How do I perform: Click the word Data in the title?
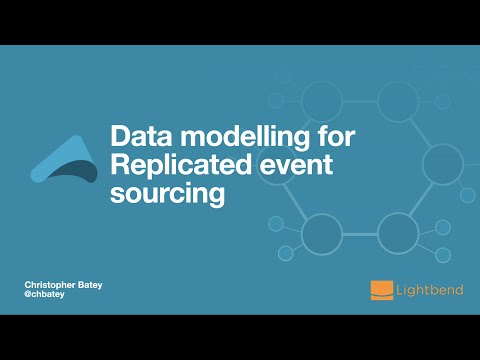click(x=139, y=134)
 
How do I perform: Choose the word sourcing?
click(x=165, y=193)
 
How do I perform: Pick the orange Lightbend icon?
click(x=381, y=290)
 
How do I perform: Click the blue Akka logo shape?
click(x=64, y=160)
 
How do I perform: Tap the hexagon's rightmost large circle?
click(x=441, y=165)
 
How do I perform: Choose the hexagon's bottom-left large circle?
click(x=322, y=232)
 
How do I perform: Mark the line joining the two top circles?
click(x=361, y=99)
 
